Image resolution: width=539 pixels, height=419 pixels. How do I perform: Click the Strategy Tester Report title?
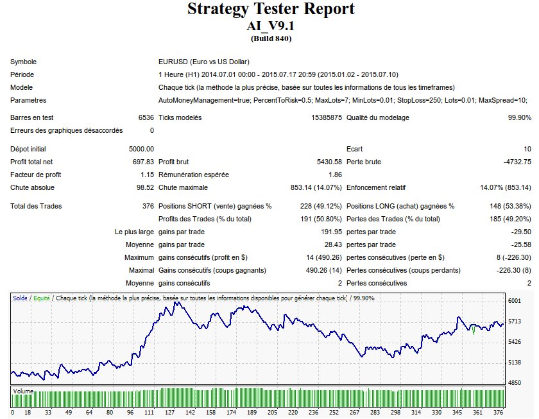click(269, 10)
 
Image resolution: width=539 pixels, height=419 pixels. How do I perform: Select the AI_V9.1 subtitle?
click(269, 27)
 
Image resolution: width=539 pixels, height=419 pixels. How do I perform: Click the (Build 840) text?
click(269, 38)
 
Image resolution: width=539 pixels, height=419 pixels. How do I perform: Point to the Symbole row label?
click(23, 62)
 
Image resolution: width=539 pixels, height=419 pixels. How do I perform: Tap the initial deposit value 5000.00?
click(141, 149)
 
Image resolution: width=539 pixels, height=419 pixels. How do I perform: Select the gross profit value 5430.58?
click(325, 162)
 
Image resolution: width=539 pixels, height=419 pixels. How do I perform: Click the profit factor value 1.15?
click(147, 175)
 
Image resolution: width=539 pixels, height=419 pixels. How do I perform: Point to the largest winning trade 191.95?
click(327, 232)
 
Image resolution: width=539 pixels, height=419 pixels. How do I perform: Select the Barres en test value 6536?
click(146, 117)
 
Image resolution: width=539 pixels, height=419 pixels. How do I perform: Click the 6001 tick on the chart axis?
click(515, 301)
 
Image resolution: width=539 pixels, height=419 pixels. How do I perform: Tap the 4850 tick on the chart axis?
click(515, 383)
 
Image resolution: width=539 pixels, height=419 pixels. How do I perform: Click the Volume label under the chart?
click(23, 390)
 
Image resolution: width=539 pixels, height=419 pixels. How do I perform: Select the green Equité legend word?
click(40, 298)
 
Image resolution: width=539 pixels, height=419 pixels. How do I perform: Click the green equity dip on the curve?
click(474, 331)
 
